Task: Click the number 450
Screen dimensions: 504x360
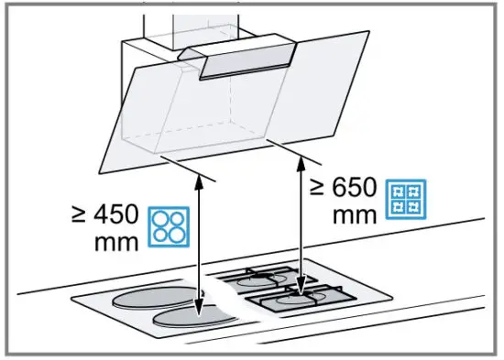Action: click(x=116, y=218)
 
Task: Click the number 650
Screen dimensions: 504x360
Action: click(x=352, y=189)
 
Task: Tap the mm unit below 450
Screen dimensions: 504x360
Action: click(x=117, y=245)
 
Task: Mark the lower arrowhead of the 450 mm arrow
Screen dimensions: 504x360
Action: click(x=202, y=316)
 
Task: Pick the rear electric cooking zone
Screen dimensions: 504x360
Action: click(x=151, y=300)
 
